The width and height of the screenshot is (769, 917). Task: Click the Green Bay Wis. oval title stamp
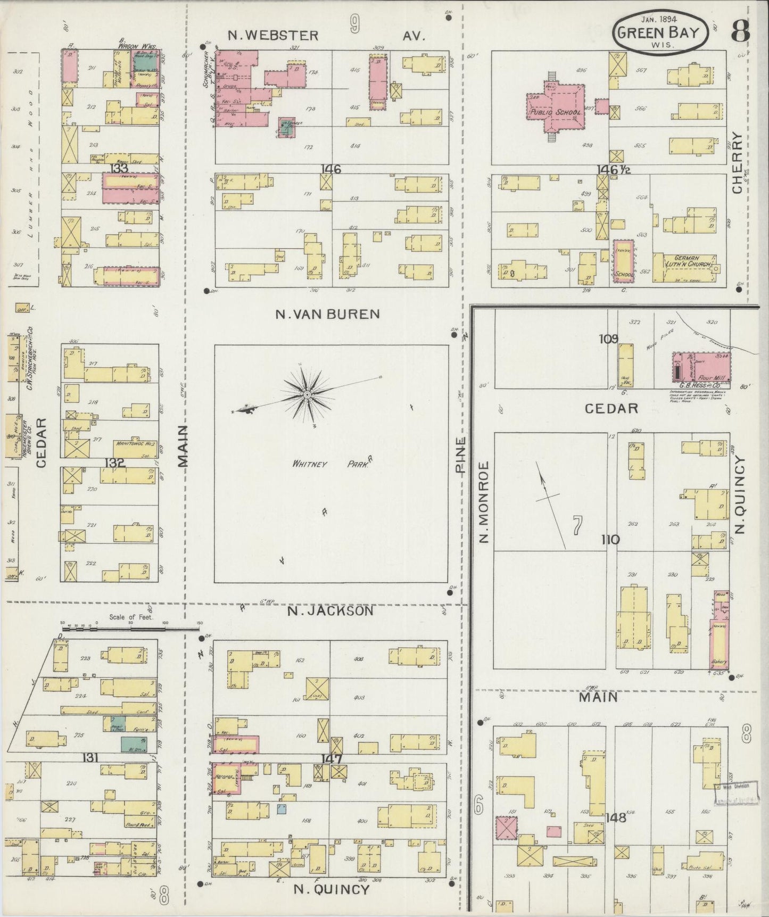click(662, 32)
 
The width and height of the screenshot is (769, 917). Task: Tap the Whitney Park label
click(329, 464)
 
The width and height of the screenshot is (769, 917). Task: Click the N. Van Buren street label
click(327, 314)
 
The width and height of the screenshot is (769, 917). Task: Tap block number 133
click(119, 168)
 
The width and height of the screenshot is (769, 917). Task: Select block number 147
click(330, 758)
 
